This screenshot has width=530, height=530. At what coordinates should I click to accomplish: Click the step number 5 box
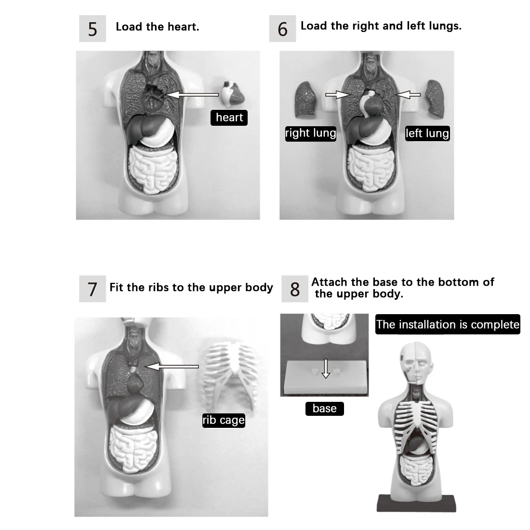[x=93, y=29]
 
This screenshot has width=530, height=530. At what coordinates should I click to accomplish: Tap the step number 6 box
[x=282, y=29]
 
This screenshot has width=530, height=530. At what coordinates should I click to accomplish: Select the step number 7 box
[x=93, y=289]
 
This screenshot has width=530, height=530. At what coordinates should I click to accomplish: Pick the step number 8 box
[x=294, y=289]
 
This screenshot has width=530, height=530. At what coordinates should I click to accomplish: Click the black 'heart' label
[x=229, y=118]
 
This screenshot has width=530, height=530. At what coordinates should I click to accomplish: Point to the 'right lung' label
[x=310, y=133]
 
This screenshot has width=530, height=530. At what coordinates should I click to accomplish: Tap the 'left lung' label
[x=427, y=133]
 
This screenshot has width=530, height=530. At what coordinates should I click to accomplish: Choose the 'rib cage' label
[x=224, y=420]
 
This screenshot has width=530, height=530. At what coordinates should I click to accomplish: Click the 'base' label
[x=324, y=409]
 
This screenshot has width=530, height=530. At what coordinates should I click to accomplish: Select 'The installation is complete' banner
[x=448, y=324]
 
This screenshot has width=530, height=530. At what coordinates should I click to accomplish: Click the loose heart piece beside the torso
[x=233, y=94]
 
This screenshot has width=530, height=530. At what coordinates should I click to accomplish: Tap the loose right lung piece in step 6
[x=305, y=99]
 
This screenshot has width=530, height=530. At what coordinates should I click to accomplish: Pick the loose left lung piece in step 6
[x=435, y=98]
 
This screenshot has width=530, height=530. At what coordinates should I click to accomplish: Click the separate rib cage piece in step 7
[x=230, y=373]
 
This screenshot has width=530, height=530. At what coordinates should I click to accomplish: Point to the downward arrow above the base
[x=326, y=370]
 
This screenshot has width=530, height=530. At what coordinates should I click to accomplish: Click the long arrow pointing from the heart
[x=193, y=95]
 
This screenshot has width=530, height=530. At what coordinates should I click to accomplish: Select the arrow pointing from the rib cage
[x=172, y=367]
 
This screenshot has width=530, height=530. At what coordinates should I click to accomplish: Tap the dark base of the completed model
[x=416, y=503]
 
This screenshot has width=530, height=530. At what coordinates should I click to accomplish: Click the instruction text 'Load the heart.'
[x=157, y=27]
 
